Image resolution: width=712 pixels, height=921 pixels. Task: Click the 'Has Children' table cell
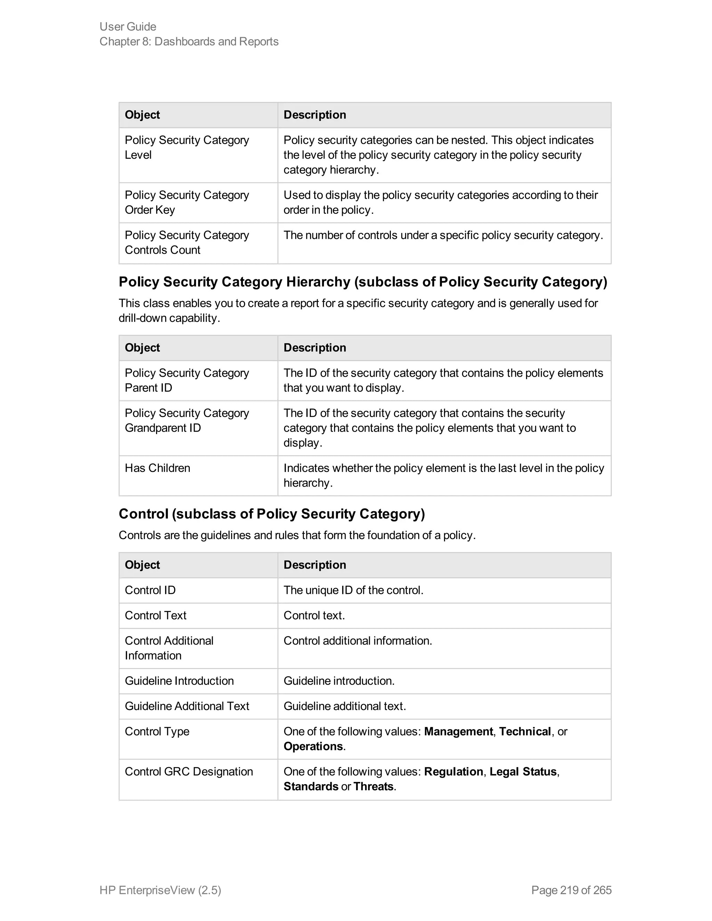click(x=157, y=468)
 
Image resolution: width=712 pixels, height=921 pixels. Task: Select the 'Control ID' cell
click(x=150, y=590)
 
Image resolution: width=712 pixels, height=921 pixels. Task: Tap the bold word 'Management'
click(x=458, y=731)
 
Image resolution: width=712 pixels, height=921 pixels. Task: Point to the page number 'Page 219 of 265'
click(x=571, y=890)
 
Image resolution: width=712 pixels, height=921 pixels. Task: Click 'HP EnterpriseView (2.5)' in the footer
click(x=160, y=890)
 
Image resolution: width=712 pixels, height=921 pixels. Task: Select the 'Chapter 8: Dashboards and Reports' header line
click(x=189, y=41)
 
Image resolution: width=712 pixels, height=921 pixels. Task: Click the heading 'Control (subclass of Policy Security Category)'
click(x=272, y=514)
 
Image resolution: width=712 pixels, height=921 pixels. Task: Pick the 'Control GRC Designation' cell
click(x=188, y=771)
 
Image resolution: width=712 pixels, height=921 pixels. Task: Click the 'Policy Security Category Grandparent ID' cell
click(x=187, y=421)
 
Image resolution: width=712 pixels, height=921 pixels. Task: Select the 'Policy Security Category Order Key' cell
click(x=187, y=202)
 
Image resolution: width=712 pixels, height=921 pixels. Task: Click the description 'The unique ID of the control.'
click(x=354, y=590)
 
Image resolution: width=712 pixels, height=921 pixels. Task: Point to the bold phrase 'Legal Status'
click(x=523, y=771)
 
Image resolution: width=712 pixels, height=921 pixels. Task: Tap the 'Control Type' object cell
click(x=157, y=731)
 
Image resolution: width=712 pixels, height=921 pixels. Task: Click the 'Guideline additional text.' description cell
click(x=345, y=706)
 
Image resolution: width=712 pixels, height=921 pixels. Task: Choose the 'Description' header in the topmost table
click(x=315, y=115)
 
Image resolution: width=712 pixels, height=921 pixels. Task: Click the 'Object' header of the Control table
click(x=142, y=565)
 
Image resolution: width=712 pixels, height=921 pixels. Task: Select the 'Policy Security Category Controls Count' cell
click(x=187, y=243)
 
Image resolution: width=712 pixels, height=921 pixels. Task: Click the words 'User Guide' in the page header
click(x=128, y=26)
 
